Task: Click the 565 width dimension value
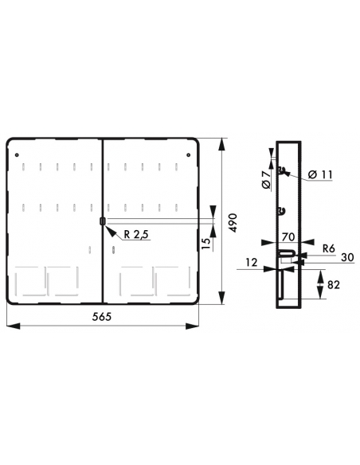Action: click(x=101, y=316)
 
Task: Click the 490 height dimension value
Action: click(x=233, y=223)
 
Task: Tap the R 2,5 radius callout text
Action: click(x=136, y=235)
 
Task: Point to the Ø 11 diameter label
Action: click(x=320, y=174)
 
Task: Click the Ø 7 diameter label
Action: click(x=266, y=180)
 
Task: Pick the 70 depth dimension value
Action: click(x=288, y=237)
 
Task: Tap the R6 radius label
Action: click(x=329, y=248)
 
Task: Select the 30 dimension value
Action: click(x=347, y=257)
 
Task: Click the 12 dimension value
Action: click(x=252, y=263)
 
